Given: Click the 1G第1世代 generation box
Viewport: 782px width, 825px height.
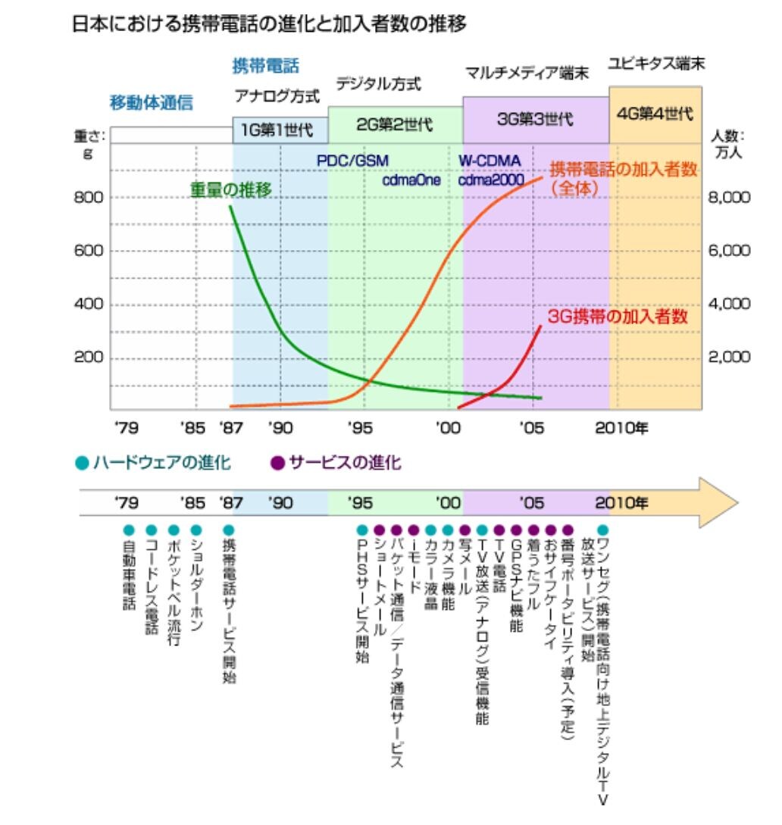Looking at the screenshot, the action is (280, 130).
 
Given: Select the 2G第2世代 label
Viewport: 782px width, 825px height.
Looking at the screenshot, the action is (395, 125).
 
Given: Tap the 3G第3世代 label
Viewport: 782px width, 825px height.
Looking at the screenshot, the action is (535, 119).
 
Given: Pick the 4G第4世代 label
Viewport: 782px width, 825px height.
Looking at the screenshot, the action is (655, 114).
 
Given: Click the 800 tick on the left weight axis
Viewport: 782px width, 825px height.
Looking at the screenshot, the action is (89, 197).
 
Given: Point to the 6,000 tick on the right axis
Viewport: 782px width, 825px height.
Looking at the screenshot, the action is (730, 251).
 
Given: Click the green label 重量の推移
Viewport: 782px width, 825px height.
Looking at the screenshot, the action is (230, 189).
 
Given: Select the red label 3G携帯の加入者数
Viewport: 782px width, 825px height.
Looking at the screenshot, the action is (618, 316).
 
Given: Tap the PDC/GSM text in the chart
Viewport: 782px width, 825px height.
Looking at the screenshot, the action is (352, 161).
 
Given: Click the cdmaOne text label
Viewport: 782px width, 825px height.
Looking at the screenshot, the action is (411, 180).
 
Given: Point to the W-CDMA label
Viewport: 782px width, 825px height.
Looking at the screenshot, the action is (490, 161).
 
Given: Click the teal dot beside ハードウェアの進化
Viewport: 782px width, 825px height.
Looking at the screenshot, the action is (82, 463).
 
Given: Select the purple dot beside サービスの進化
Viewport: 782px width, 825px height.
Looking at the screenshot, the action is (277, 463).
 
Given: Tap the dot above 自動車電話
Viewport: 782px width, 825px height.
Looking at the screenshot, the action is (129, 530).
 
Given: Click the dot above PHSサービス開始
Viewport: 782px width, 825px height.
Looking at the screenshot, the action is (362, 530).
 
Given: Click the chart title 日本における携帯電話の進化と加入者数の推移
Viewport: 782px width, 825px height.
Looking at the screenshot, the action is (269, 23).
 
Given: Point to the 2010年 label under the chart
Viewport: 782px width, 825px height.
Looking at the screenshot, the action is (621, 428).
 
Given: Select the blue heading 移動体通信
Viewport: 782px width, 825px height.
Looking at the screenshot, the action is (152, 102).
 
